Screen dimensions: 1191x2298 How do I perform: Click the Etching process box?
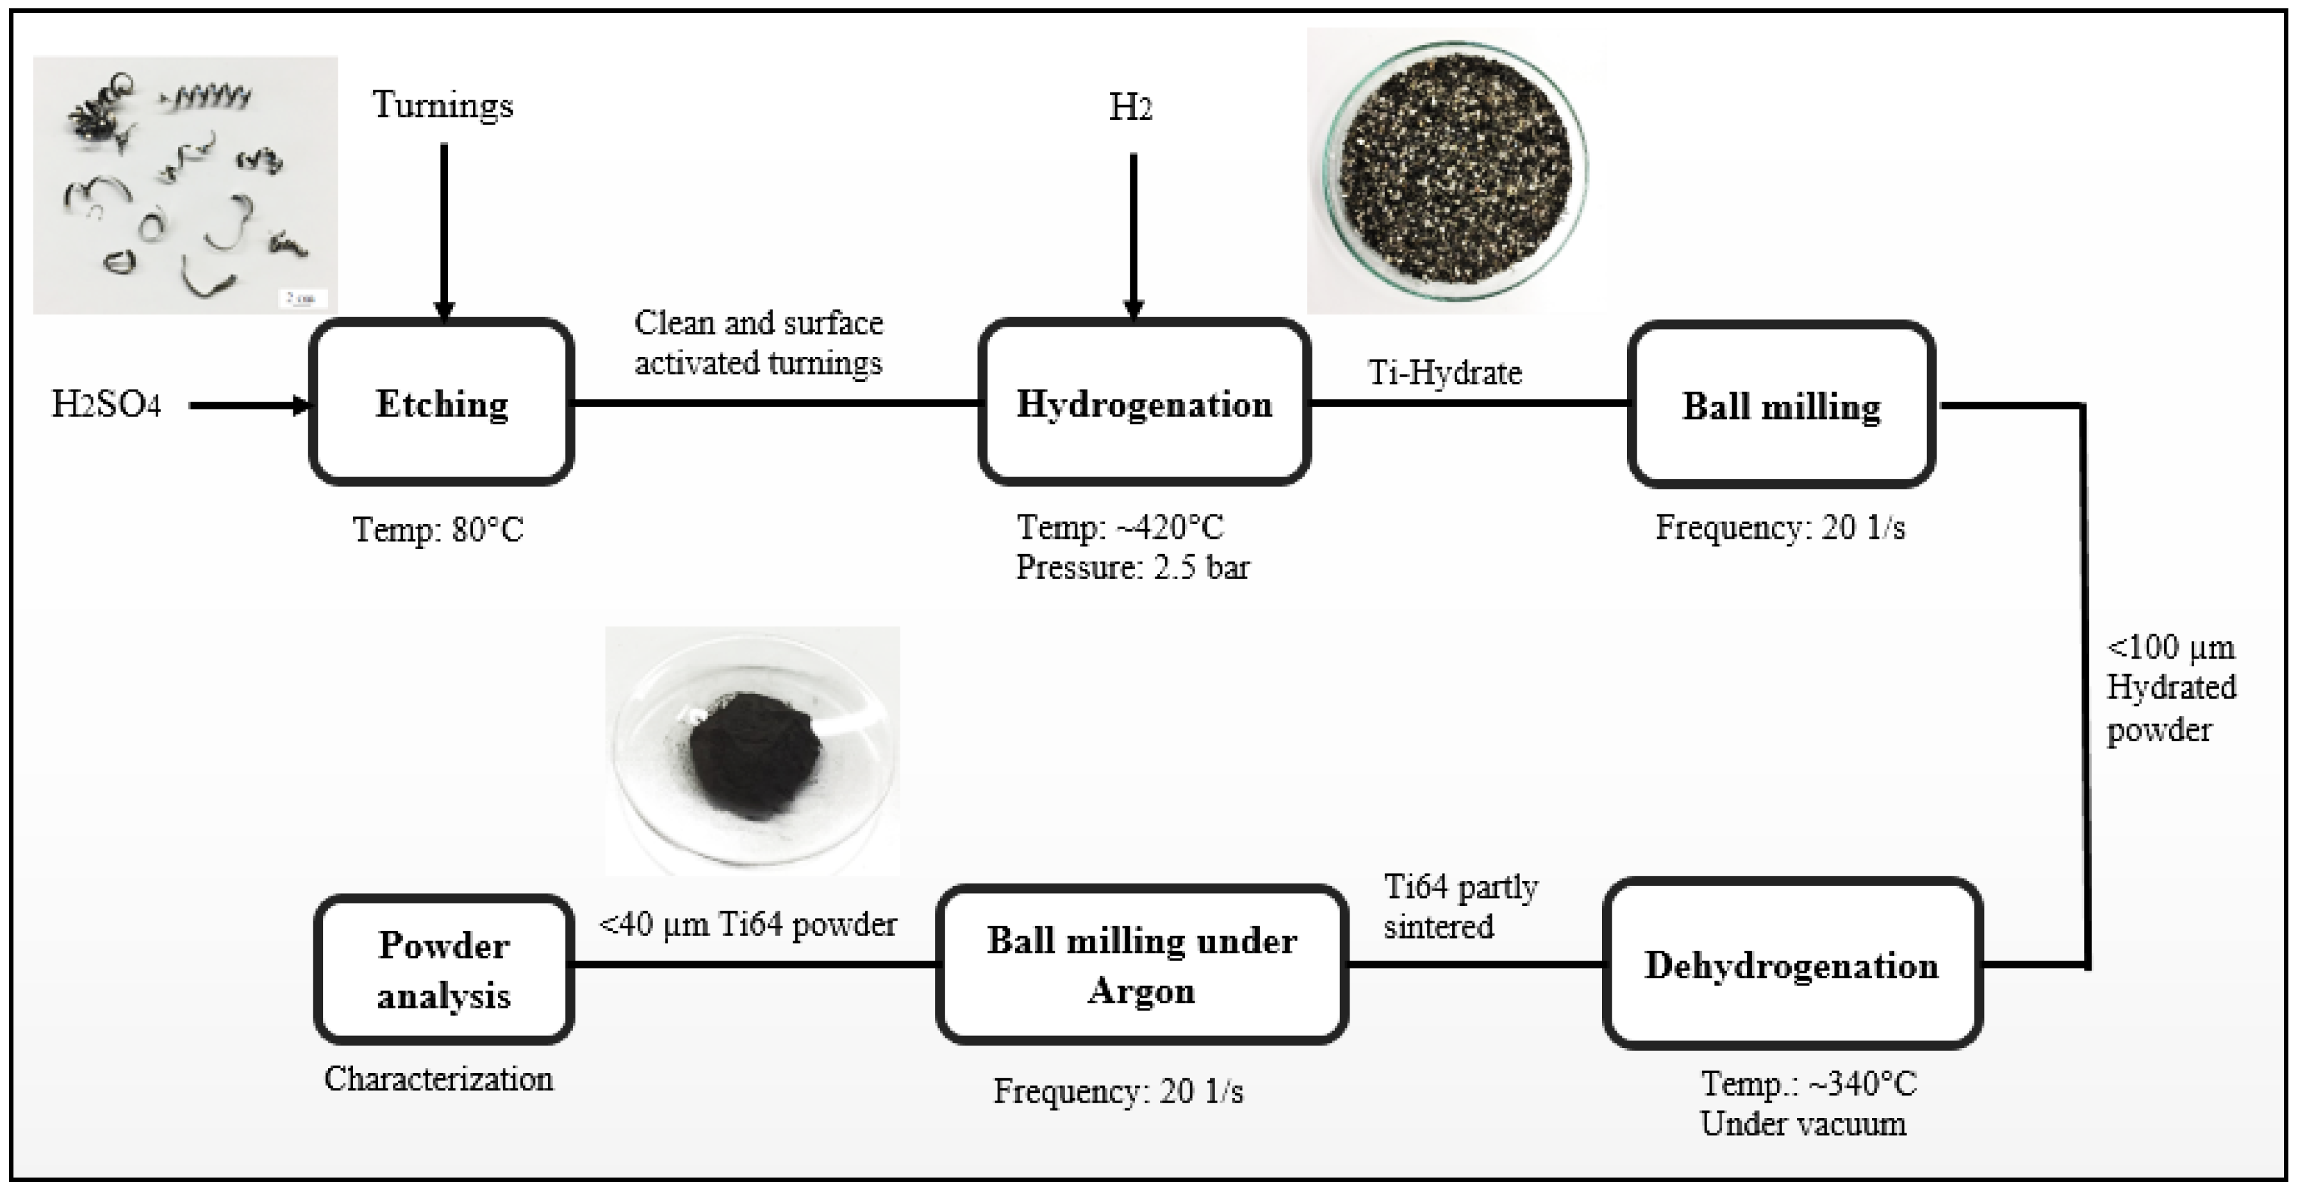click(442, 403)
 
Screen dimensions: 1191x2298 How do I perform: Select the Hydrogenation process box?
click(1145, 403)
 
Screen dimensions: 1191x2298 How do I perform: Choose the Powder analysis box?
click(443, 970)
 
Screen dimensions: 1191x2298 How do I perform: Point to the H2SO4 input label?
click(106, 405)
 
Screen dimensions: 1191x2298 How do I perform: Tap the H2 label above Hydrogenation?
click(1130, 108)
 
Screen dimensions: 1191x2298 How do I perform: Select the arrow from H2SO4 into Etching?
click(250, 406)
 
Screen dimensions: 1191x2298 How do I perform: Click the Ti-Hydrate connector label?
click(1445, 372)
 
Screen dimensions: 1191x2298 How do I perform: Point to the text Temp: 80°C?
click(438, 530)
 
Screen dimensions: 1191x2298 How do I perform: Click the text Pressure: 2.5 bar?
click(1133, 568)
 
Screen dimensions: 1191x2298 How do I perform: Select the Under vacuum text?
click(1803, 1123)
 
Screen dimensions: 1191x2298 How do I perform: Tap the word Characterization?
click(438, 1080)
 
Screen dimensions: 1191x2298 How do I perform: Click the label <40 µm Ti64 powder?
click(748, 924)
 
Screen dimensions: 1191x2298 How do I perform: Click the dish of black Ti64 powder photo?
click(752, 750)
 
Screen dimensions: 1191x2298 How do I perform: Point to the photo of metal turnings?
click(186, 185)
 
